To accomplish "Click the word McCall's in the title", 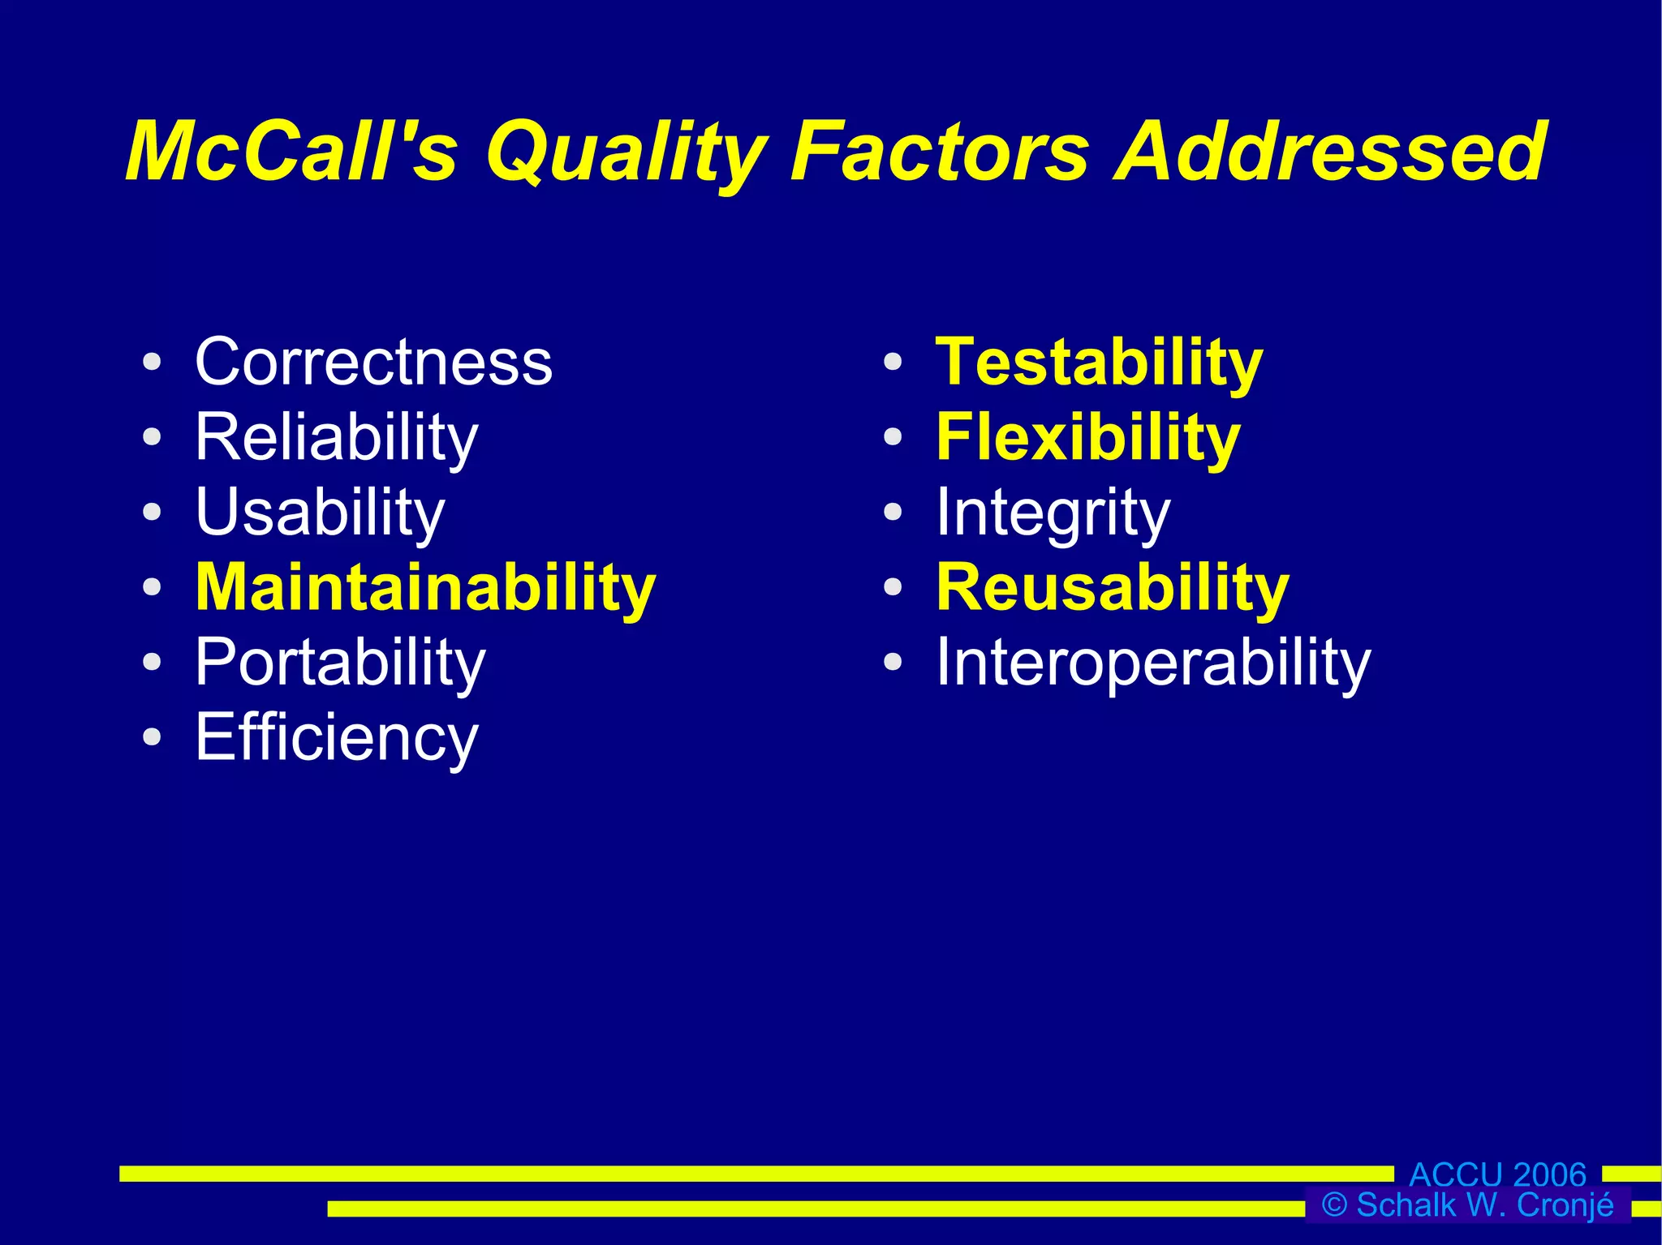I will pos(292,152).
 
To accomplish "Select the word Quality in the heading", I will pos(626,154).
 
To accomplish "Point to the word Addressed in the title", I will pos(1331,152).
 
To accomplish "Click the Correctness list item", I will pos(373,362).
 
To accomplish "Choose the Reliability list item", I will pos(336,438).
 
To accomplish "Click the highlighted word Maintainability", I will pos(425,588).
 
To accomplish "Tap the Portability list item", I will pos(340,663).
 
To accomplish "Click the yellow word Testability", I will pos(1099,363).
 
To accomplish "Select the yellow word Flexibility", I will pos(1087,438).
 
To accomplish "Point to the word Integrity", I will pos(1053,513).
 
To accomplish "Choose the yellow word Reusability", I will pos(1112,588).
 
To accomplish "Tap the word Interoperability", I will pos(1152,663).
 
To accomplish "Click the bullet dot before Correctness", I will pos(152,362).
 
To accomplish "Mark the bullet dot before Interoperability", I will pos(893,663).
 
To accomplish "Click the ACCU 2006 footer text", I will pos(1497,1174).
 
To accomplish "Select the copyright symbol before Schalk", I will pos(1334,1205).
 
